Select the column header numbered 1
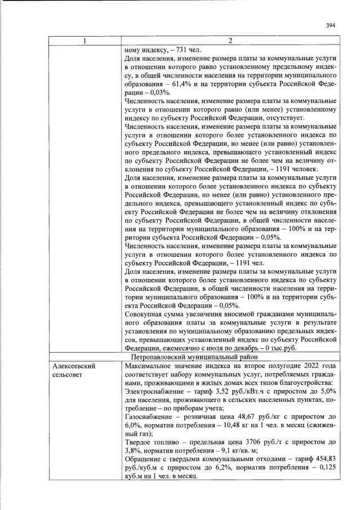pyautogui.click(x=85, y=41)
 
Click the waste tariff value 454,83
pyautogui.click(x=325, y=459)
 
